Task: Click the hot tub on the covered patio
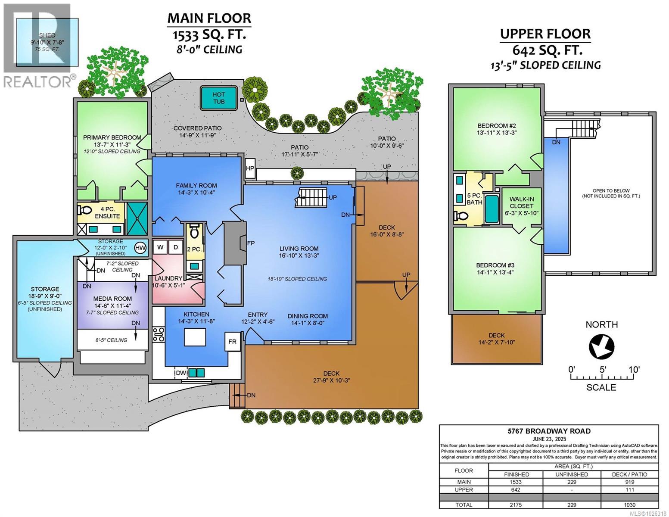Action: [218, 98]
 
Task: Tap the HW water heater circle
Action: [140, 247]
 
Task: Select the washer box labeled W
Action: [160, 247]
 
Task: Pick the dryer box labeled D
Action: [175, 247]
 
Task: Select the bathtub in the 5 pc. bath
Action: [491, 209]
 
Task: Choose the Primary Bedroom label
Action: [112, 137]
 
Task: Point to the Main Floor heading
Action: [209, 18]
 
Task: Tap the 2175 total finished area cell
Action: [516, 505]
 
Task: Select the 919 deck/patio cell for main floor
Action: [629, 482]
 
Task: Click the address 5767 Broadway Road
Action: [548, 431]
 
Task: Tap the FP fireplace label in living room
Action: [251, 243]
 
